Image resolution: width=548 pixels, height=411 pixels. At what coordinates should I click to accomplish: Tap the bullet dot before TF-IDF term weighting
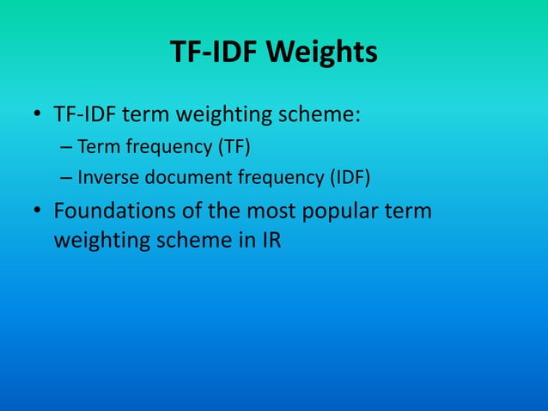coord(39,115)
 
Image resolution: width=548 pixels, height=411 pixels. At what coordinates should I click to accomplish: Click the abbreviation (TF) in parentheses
coord(233,145)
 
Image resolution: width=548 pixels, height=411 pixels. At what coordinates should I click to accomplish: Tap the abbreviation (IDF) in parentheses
coord(353,179)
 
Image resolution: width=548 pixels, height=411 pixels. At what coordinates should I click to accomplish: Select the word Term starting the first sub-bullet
coord(99,145)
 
